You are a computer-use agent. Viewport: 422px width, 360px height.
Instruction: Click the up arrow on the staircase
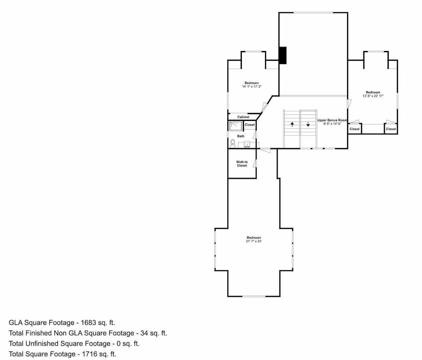tap(292, 124)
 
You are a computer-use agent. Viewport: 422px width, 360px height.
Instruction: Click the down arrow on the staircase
tap(308, 124)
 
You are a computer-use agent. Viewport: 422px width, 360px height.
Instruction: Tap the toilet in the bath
tap(233, 144)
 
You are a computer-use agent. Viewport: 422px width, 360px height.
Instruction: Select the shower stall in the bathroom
tap(236, 126)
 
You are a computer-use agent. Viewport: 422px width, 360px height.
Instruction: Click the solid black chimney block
tap(283, 55)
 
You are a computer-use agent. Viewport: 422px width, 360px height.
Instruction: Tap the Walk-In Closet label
tap(242, 164)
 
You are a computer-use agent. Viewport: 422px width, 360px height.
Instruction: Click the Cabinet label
tap(243, 117)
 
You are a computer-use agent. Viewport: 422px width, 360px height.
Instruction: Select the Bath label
tap(241, 136)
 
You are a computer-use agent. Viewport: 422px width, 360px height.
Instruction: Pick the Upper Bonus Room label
tap(332, 120)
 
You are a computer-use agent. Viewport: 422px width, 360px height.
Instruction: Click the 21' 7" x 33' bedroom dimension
tap(254, 242)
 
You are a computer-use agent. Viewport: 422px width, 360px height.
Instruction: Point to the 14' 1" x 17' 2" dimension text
tap(252, 86)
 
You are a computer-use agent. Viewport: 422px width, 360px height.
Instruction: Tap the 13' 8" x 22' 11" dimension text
tap(373, 96)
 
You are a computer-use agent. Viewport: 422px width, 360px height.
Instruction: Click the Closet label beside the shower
tap(250, 125)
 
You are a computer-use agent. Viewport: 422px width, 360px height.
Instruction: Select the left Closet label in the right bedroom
tap(354, 129)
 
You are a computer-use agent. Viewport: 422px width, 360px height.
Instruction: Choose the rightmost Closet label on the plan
tap(391, 129)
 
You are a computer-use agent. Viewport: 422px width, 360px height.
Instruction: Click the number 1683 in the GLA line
tap(89, 322)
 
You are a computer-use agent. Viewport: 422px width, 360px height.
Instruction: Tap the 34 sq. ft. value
tap(154, 333)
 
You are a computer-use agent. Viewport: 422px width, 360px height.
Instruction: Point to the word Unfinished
tap(42, 344)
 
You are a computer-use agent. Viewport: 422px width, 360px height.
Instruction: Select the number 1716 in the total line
tap(89, 354)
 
